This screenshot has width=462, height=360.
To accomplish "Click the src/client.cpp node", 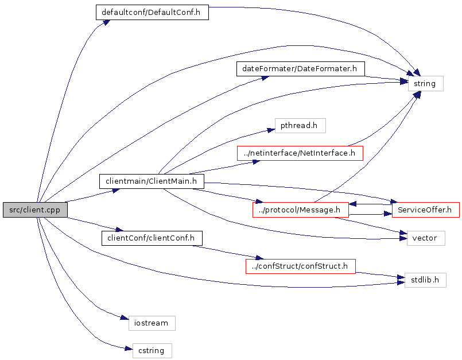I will click(x=34, y=210).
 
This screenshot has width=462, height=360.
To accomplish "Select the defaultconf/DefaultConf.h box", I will click(x=152, y=13).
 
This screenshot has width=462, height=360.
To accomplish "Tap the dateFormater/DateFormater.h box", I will click(x=300, y=69).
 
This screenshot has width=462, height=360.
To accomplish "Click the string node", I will click(x=425, y=84).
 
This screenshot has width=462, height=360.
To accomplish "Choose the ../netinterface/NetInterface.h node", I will click(x=300, y=153).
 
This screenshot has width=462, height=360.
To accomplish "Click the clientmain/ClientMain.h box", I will click(x=152, y=181).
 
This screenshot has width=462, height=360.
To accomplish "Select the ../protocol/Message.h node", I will click(x=300, y=210).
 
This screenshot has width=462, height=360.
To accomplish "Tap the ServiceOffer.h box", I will click(x=425, y=210).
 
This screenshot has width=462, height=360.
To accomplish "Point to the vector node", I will click(x=425, y=238).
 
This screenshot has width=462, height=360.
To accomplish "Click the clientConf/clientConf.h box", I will click(x=152, y=238).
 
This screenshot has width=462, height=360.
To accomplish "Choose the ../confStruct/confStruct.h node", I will click(x=300, y=266).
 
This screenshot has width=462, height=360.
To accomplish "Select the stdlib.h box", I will click(x=425, y=280).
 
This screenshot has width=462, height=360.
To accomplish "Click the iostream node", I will click(x=151, y=323).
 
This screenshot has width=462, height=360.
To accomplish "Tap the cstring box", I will click(x=152, y=351).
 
